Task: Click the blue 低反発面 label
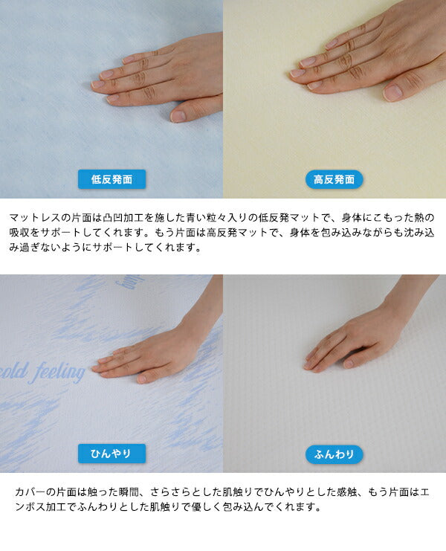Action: coord(111,179)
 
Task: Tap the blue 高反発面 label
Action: coord(334,179)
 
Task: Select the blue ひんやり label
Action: coord(111,454)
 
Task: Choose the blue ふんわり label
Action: coord(334,454)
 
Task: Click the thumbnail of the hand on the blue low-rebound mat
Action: coord(178,116)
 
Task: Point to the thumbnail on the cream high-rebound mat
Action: coord(392,91)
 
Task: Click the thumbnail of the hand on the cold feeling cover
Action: coord(141,378)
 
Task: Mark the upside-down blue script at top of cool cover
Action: coord(129,281)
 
